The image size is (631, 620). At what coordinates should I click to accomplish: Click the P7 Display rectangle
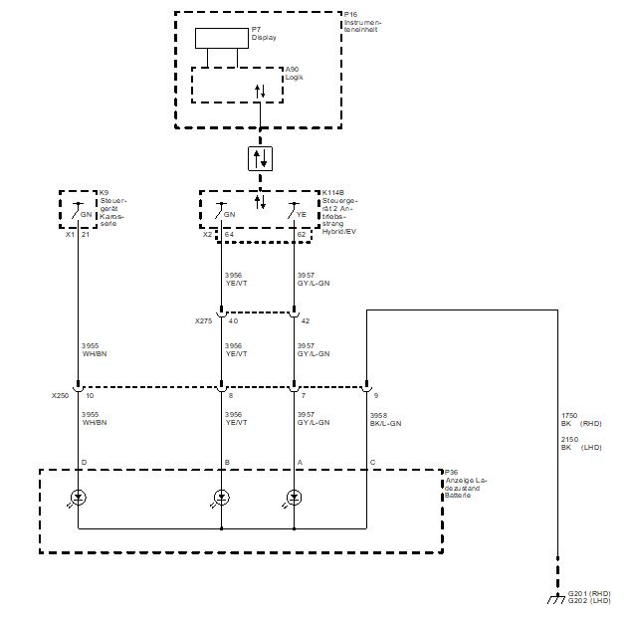coord(220,38)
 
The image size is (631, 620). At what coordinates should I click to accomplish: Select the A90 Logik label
coord(294,74)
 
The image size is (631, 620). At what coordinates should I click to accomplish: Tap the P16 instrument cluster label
coord(361,23)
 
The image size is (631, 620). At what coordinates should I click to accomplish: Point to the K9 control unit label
coord(111,207)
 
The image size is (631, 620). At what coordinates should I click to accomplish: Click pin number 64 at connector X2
coord(229,235)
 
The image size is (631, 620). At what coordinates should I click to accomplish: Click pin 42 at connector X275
coord(304,321)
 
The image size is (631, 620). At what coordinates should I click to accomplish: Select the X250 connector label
coord(62,395)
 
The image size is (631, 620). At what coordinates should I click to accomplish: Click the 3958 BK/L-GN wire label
coord(384,420)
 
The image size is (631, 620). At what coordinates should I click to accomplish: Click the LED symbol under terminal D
coord(78,497)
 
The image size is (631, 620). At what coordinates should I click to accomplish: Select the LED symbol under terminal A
coord(294,497)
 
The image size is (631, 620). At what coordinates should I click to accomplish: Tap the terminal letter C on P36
coord(372,463)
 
